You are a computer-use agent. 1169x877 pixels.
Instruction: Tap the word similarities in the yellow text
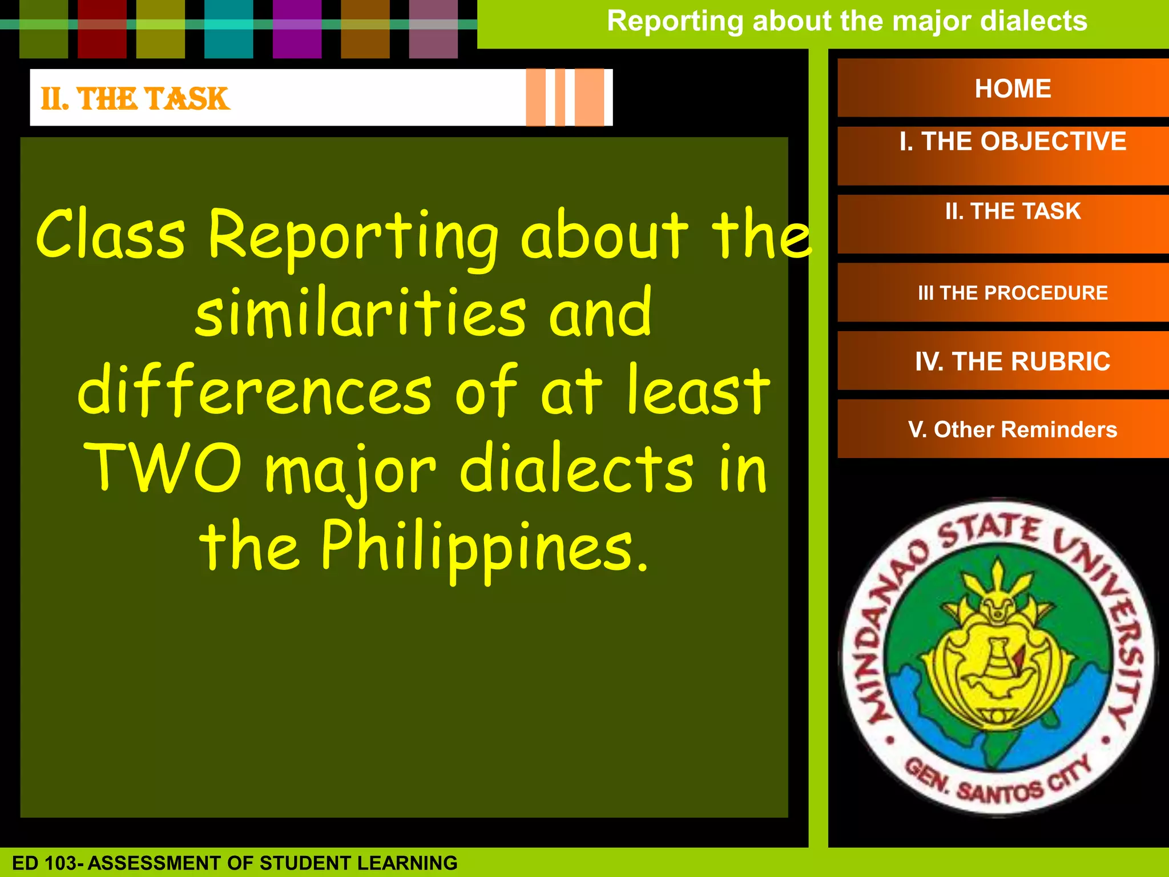(360, 313)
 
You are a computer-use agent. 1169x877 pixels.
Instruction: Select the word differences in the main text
(255, 391)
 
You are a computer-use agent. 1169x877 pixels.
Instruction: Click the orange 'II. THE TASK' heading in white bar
(135, 99)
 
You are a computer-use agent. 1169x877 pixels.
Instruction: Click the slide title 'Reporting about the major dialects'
(846, 21)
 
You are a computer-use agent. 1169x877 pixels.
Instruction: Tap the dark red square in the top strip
(102, 29)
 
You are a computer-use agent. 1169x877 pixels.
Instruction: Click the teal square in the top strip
(228, 29)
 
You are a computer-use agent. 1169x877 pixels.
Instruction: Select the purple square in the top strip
(297, 29)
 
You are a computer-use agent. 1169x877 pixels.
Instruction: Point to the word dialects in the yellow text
(576, 468)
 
